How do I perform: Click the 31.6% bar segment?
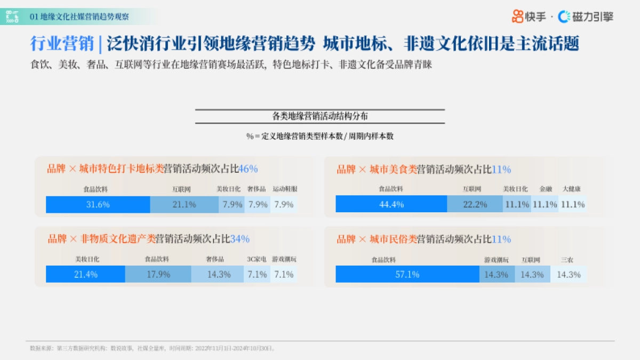coord(98,204)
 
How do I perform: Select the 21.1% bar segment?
coord(184,204)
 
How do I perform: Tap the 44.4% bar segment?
coord(391,204)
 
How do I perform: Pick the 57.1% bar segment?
coord(407,275)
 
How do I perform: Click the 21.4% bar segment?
coord(85,275)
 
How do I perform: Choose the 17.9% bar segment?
coord(158,275)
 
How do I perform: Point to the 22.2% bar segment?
coord(475,204)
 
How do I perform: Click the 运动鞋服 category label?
coord(285,189)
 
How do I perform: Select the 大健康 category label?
coord(571,189)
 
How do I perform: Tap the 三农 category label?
coord(567,260)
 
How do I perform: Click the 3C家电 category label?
coord(257,260)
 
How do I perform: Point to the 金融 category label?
coord(546,189)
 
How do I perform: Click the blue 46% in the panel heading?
coord(248,169)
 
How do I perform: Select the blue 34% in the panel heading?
coord(239,239)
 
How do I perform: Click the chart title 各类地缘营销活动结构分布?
coord(319,116)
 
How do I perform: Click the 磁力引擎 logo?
coord(586,17)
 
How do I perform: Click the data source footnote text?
coord(153,348)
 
